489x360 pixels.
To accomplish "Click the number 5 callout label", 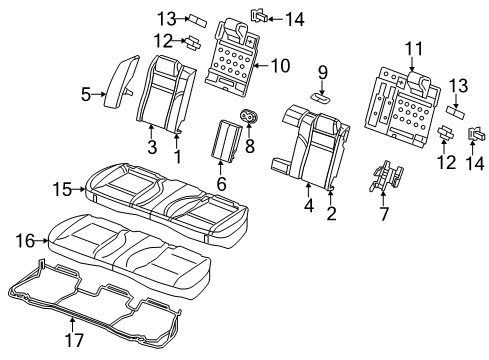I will [86, 95].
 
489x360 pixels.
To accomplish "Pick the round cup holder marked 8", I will [245, 119].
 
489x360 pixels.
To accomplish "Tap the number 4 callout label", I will [309, 207].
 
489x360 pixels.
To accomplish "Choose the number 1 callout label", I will [178, 157].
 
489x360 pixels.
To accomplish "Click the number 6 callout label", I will [221, 184].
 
